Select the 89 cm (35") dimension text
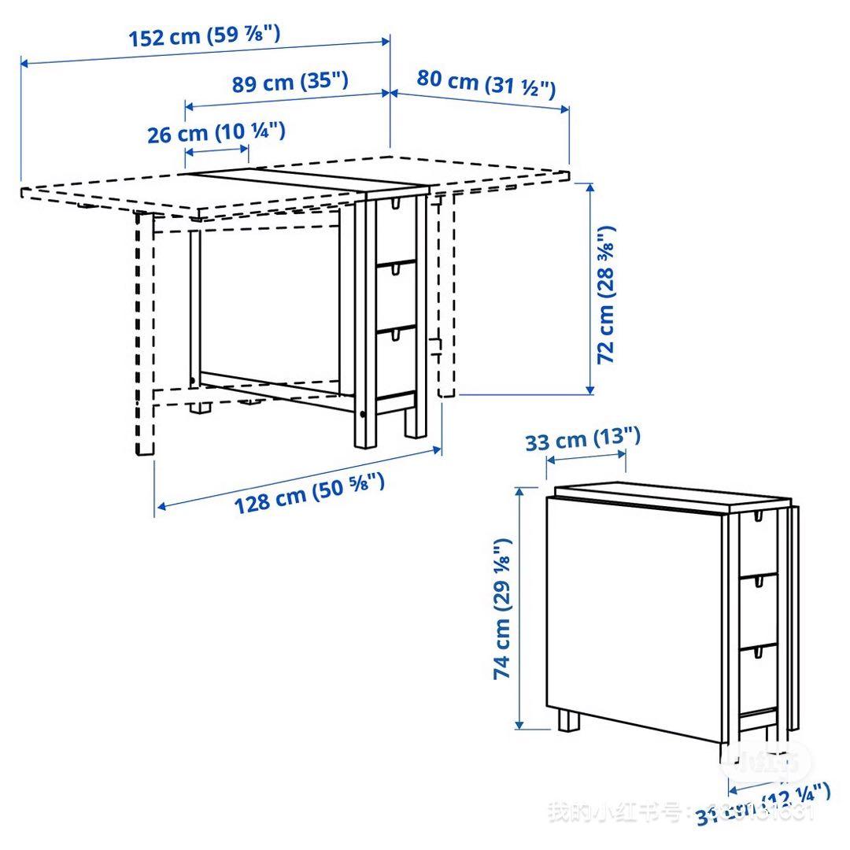290,82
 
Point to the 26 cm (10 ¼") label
216,132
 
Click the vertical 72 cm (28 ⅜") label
606,294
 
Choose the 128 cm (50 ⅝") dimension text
309,493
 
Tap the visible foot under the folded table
567,721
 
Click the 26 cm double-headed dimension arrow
216,151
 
